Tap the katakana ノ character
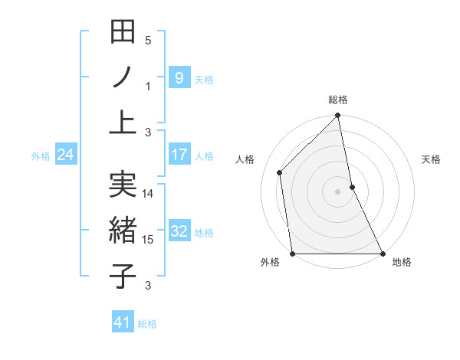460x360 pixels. click(123, 77)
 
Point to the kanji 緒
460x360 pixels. click(123, 231)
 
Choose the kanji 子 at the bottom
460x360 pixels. click(123, 276)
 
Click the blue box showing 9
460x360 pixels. click(179, 77)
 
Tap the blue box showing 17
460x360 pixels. click(179, 155)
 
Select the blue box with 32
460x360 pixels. click(179, 231)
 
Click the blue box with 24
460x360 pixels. click(66, 155)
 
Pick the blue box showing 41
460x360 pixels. click(123, 322)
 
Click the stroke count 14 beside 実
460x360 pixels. click(148, 194)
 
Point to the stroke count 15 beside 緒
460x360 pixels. click(148, 240)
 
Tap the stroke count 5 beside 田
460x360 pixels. click(148, 41)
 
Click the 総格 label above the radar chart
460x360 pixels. click(338, 100)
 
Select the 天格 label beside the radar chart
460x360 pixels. click(432, 159)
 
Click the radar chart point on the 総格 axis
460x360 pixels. click(338, 116)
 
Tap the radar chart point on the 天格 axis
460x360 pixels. click(352, 187)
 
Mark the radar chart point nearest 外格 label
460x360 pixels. click(292, 254)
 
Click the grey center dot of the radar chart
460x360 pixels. click(338, 191)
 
